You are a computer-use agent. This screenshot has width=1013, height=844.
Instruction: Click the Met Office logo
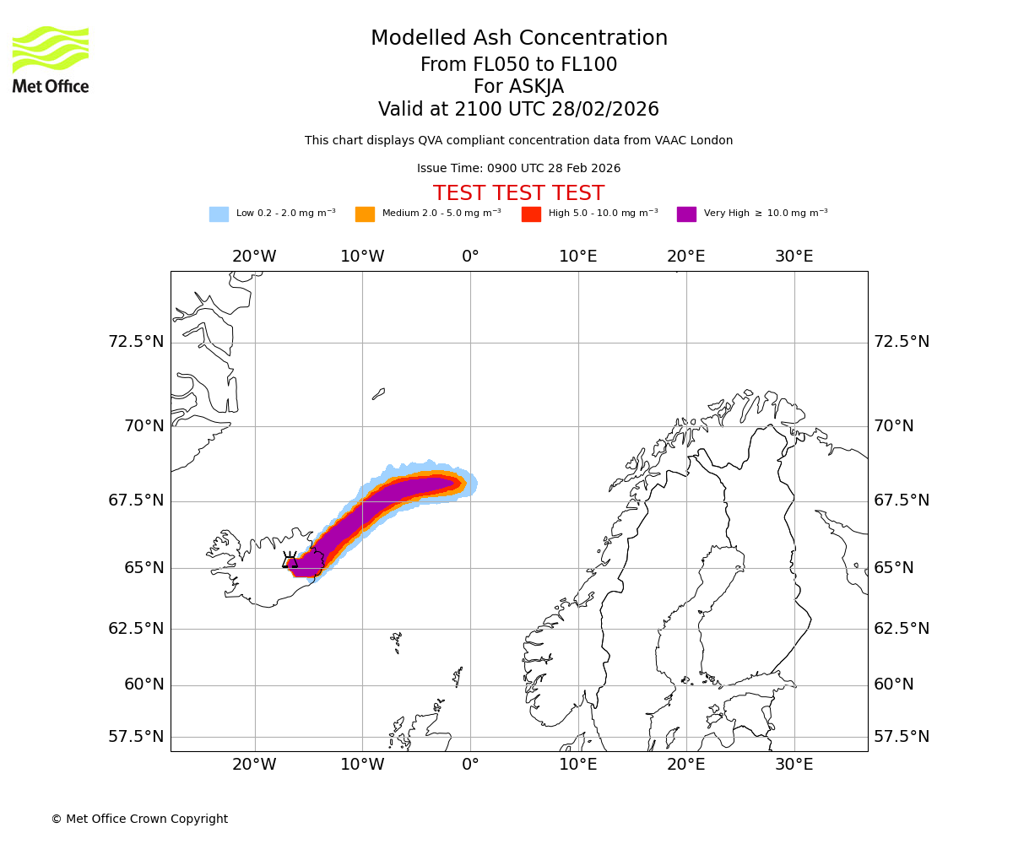coord(51,60)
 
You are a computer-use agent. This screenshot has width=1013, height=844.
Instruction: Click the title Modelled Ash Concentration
coord(518,39)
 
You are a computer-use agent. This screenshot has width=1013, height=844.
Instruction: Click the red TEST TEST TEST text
coord(518,194)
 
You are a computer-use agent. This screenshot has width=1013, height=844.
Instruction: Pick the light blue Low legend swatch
coord(219,214)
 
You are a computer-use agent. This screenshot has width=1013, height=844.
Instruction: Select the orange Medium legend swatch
coord(365,214)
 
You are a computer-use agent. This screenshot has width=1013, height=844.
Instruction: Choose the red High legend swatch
coord(531,214)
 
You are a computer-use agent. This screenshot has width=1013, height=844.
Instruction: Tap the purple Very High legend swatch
coord(686,214)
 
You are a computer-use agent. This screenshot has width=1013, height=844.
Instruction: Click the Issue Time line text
coord(518,169)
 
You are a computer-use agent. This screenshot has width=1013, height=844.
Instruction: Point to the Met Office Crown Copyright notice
coord(139,820)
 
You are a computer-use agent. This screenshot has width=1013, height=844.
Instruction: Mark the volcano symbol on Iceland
coord(290,560)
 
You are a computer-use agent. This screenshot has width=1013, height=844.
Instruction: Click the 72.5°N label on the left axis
coord(136,342)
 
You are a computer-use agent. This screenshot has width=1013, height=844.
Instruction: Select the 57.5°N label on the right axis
coord(901,737)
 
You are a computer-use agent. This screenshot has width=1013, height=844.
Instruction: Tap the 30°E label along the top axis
coord(794,257)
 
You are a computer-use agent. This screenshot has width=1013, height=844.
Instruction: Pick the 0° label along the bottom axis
coord(470,765)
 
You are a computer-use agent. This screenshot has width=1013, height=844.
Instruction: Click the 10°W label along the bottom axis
coord(362,765)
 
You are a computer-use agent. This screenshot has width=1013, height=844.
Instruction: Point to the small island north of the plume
coord(379,393)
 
